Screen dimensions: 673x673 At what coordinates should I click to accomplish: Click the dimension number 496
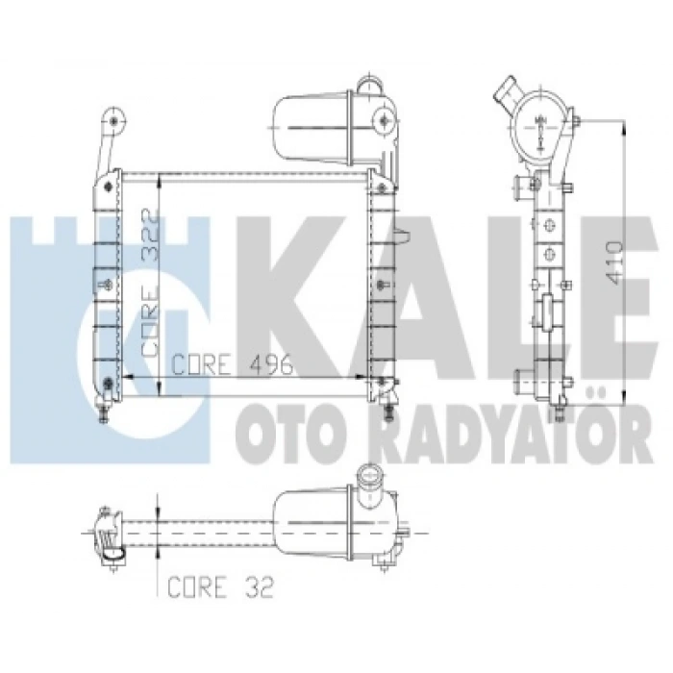271,365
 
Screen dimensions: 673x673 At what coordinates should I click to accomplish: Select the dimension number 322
151,237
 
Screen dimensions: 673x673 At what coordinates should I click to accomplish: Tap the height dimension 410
613,262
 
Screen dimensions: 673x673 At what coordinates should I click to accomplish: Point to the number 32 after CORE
260,587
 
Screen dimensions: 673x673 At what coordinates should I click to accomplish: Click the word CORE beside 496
200,365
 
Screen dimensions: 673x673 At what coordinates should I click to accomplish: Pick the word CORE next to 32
197,587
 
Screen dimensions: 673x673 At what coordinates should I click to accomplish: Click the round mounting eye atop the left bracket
113,120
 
